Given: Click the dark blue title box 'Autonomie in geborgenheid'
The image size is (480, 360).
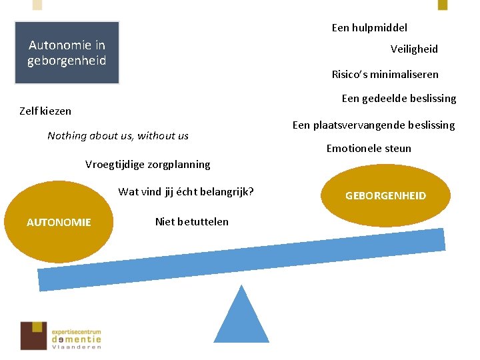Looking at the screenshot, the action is pyautogui.click(x=67, y=53).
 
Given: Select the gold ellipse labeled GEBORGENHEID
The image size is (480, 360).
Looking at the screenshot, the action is pyautogui.click(x=385, y=196).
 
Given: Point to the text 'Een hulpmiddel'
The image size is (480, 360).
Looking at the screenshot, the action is pyautogui.click(x=369, y=28).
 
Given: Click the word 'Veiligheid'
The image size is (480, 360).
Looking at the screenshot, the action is pyautogui.click(x=414, y=49).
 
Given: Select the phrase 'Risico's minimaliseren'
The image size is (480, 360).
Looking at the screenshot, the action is pyautogui.click(x=385, y=75).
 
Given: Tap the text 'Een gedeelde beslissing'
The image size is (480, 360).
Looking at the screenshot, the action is pyautogui.click(x=399, y=99).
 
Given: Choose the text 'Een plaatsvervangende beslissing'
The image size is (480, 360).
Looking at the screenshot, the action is pyautogui.click(x=373, y=125).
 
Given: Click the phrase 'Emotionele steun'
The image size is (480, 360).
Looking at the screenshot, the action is pyautogui.click(x=369, y=149).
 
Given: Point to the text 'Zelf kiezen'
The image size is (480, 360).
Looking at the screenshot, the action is pyautogui.click(x=45, y=111).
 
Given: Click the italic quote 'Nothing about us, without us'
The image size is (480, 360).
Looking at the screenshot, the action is pyautogui.click(x=118, y=136).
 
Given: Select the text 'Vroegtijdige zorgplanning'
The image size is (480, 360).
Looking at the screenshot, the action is pyautogui.click(x=147, y=165).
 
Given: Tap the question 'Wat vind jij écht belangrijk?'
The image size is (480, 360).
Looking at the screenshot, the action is pyautogui.click(x=186, y=193).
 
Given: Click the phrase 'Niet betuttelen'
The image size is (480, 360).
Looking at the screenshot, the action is pyautogui.click(x=191, y=222).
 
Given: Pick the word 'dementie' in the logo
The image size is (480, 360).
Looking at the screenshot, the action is pyautogui.click(x=77, y=339).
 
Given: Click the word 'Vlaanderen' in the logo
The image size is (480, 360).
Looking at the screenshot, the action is pyautogui.click(x=77, y=347).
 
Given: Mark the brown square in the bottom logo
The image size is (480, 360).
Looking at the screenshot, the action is pyautogui.click(x=33, y=335).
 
